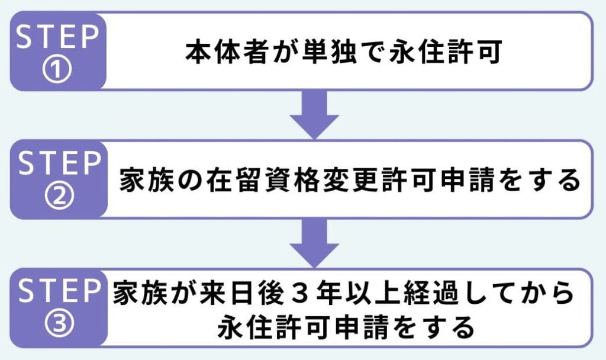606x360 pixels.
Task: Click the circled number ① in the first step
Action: coord(57,70)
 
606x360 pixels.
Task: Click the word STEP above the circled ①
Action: coord(57,37)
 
